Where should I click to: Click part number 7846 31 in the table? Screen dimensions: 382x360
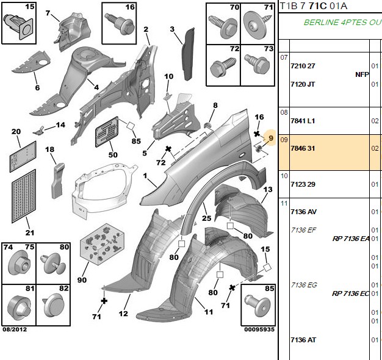click(303, 148)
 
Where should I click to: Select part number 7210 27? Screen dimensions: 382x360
click(303, 66)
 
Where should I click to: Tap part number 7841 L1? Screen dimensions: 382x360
click(303, 121)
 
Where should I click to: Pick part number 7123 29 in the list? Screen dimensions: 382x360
click(303, 184)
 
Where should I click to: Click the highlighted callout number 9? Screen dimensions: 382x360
click(271, 138)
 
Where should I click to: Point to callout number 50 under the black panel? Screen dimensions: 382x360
click(113, 154)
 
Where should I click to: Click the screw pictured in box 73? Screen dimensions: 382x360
click(258, 64)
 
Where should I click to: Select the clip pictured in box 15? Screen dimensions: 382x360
click(18, 26)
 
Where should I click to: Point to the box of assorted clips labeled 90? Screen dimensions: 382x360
click(102, 244)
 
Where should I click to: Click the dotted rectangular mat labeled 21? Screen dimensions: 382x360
click(24, 196)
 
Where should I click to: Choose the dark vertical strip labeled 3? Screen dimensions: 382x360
click(188, 54)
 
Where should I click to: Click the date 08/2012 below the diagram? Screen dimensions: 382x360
click(15, 329)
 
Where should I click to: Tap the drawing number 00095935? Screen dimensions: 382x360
click(259, 329)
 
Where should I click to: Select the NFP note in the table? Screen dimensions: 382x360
click(362, 74)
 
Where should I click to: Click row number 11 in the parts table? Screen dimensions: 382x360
click(284, 203)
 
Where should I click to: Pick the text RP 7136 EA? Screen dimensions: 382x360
click(351, 239)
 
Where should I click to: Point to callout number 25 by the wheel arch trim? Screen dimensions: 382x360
click(206, 218)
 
